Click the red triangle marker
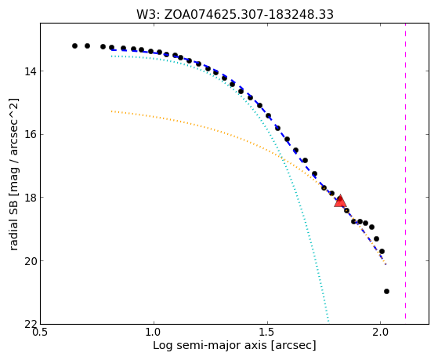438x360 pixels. point(340,201)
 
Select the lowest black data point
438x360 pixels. point(386,292)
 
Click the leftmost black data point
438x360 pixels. point(74,45)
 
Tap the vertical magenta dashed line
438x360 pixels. point(405,171)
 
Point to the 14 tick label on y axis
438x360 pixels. point(31,71)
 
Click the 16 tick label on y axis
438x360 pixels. point(31,135)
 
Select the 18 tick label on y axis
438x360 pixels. point(31,198)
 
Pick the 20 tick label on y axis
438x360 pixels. point(31,261)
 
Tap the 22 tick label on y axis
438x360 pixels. point(31,324)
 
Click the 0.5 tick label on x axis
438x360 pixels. point(40,333)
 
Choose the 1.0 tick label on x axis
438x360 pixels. point(154,333)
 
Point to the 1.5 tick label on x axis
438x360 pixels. point(267,333)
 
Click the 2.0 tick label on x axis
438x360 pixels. point(381,333)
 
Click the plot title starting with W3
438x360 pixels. point(234,15)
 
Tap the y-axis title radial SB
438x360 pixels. point(13,174)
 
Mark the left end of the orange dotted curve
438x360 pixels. point(111,111)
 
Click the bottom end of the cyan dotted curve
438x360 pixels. point(328,321)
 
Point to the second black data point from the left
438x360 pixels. point(87,45)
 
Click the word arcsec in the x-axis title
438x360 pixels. point(294,346)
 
